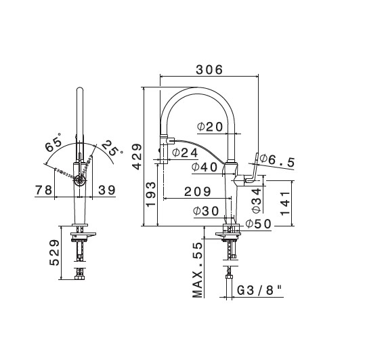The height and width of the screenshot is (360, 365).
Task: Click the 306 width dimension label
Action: [x=209, y=69]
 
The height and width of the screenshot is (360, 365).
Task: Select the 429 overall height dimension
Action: [x=137, y=157]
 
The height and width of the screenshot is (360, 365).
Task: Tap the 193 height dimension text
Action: [x=150, y=194]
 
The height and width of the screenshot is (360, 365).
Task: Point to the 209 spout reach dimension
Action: [x=198, y=192]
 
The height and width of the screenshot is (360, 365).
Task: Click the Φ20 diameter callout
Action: [x=210, y=127]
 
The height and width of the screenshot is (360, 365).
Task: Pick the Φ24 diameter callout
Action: [x=185, y=153]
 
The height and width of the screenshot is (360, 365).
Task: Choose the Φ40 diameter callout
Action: [x=205, y=167]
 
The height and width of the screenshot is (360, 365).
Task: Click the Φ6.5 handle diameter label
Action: [x=277, y=160]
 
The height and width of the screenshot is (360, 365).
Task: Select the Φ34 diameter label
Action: [x=257, y=201]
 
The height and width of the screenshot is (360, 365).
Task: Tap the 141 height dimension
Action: [x=285, y=203]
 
